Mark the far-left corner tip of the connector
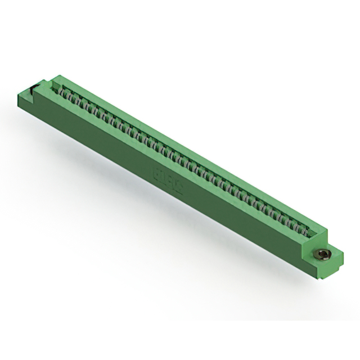[18, 94]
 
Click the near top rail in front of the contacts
[169, 163]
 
